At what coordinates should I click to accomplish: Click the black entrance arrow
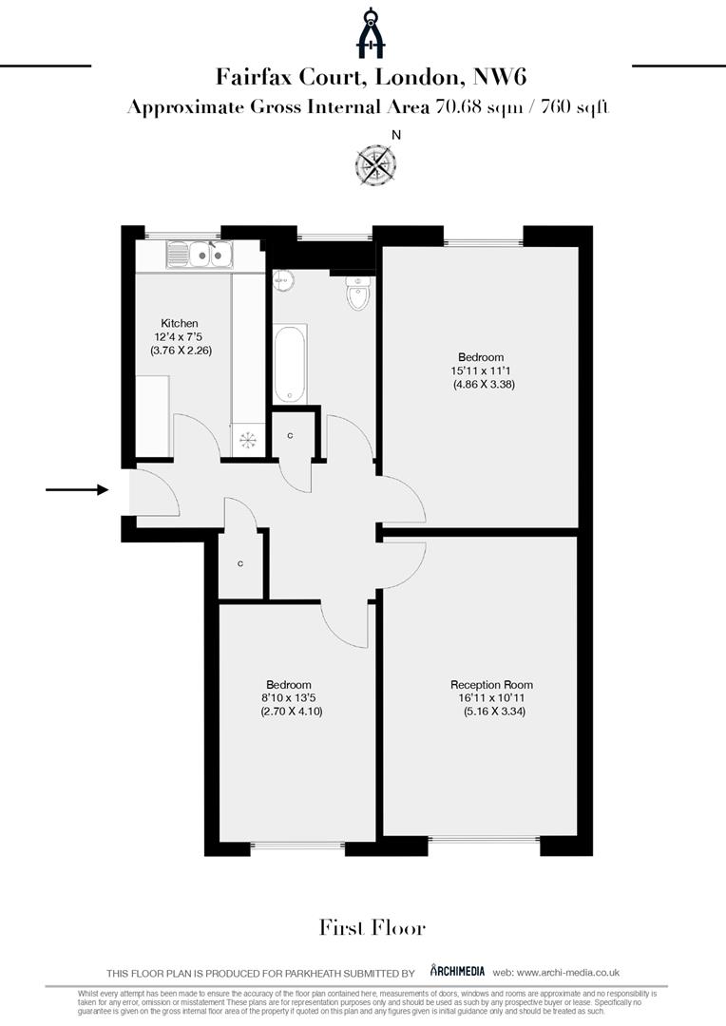[x=77, y=490]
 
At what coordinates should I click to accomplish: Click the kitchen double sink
[x=201, y=254]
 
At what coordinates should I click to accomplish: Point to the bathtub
[x=290, y=364]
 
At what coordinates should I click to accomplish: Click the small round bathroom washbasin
[x=281, y=281]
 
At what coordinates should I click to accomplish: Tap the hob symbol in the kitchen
[x=247, y=439]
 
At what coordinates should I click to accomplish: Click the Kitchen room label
[x=179, y=324]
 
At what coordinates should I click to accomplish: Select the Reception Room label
[x=491, y=685]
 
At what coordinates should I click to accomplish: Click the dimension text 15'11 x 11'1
[x=484, y=370]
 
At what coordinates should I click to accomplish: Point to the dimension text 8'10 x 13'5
[x=289, y=698]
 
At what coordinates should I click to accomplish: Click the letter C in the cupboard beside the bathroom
[x=290, y=435]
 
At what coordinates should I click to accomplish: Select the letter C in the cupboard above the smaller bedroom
[x=240, y=564]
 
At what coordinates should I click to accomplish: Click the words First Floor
[x=372, y=928]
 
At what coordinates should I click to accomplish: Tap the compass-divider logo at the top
[x=371, y=33]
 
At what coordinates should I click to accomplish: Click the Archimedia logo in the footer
[x=457, y=971]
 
